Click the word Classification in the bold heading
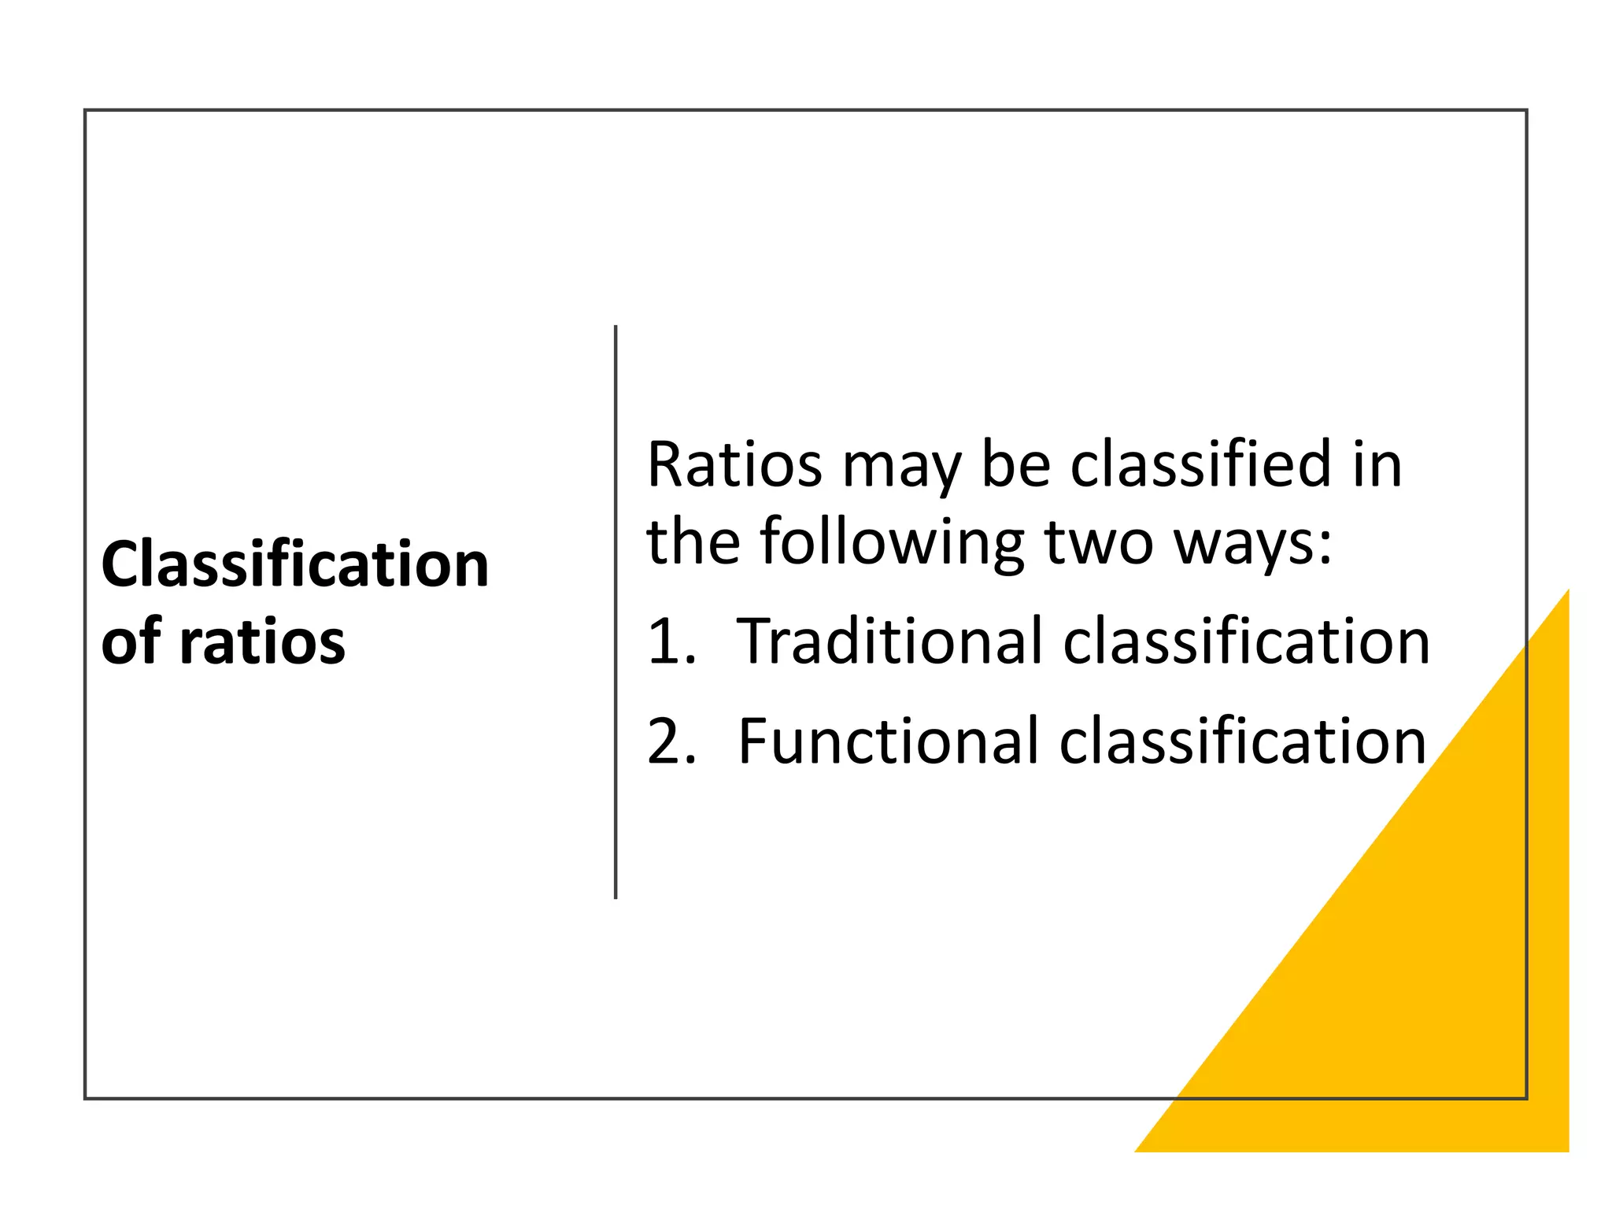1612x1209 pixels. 295,564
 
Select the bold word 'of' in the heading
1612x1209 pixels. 131,642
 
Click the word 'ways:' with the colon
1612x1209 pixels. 1253,545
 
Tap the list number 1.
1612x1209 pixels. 670,641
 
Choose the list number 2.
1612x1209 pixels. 670,741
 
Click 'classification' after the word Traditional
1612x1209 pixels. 1246,641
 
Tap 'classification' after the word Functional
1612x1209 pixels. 1243,741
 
